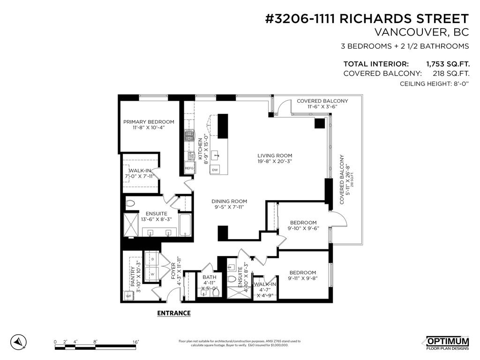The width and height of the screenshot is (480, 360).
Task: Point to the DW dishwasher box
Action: (x=215, y=170)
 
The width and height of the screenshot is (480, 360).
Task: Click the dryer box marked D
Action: (x=152, y=259)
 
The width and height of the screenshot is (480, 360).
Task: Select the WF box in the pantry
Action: (x=128, y=296)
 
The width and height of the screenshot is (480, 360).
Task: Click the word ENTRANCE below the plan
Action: (x=173, y=313)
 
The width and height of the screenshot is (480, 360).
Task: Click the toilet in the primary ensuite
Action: (x=130, y=204)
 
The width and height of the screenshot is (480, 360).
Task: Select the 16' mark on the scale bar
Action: (x=135, y=342)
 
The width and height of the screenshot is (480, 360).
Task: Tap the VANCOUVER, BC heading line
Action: (x=421, y=33)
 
